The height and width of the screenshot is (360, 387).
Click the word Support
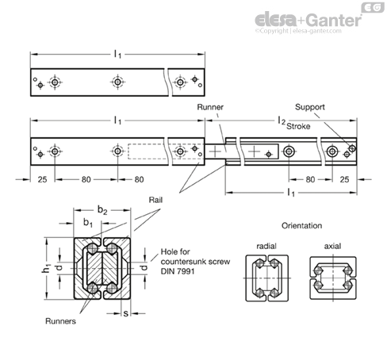click(x=310, y=107)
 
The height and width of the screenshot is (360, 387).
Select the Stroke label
click(x=298, y=126)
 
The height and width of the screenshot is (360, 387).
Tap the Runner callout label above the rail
click(x=210, y=107)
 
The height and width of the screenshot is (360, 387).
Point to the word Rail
click(x=155, y=200)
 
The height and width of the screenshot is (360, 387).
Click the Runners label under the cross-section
click(x=60, y=321)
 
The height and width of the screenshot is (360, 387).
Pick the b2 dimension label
click(x=102, y=210)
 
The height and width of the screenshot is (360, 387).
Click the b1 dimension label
click(x=88, y=222)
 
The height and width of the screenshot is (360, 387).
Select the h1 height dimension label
click(x=46, y=269)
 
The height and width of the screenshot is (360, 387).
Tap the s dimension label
click(x=126, y=313)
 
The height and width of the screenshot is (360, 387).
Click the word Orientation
click(x=301, y=225)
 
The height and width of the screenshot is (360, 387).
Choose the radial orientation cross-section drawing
click(x=267, y=278)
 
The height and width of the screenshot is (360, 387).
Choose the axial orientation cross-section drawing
click(x=333, y=278)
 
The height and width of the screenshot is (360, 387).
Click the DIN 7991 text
click(x=178, y=271)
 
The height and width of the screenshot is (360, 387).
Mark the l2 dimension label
click(x=282, y=121)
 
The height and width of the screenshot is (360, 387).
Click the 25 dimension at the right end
click(x=344, y=180)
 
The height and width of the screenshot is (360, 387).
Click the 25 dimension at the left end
click(x=42, y=180)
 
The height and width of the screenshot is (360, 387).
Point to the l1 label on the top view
click(x=117, y=55)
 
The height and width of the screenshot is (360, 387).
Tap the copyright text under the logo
click(x=298, y=31)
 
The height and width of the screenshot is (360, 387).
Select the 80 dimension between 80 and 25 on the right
click(x=310, y=180)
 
